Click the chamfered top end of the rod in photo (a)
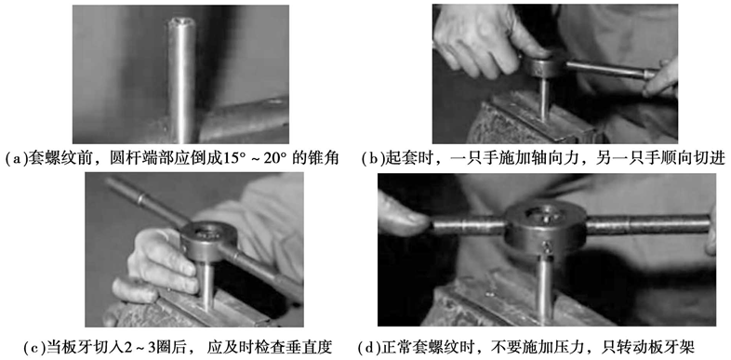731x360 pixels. pos(181,23)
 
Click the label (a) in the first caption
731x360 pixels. pos(15,159)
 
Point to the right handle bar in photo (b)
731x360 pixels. pos(612,70)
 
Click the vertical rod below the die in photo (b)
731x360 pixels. pos(545,99)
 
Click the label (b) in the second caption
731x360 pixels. pos(372,159)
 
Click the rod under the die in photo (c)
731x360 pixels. pos(206,285)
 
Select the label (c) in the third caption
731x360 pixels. pos(33,348)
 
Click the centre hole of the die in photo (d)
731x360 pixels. pos(544,215)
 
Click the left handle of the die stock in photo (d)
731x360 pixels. pos(469,225)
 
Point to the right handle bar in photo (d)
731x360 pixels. pos(648,223)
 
